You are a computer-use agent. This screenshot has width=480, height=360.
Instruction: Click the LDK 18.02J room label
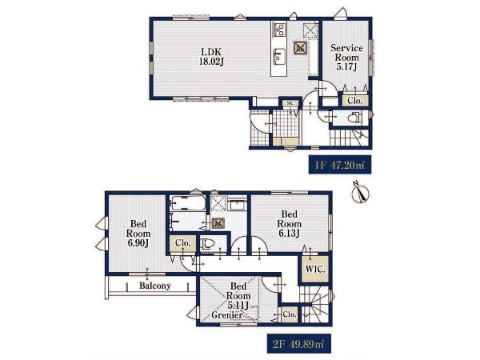click(211, 57)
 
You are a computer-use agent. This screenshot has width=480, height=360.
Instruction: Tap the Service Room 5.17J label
click(346, 58)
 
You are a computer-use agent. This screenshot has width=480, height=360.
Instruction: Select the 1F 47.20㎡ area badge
click(340, 166)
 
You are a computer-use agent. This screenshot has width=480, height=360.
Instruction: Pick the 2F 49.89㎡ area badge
click(298, 344)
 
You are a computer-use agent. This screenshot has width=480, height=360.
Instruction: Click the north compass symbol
click(360, 193)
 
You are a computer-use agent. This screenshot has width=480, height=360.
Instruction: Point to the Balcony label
click(155, 286)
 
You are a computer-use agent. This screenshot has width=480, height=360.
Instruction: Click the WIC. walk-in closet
click(315, 269)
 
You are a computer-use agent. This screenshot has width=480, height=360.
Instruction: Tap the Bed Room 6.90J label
click(138, 234)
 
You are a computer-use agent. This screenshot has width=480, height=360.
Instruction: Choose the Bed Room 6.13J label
click(289, 223)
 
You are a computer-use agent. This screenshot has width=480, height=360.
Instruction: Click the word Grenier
click(227, 314)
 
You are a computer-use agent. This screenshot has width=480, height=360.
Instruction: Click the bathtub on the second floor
click(188, 203)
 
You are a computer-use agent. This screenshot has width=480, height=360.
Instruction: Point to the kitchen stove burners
click(279, 30)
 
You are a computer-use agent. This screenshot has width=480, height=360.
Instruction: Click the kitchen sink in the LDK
click(279, 56)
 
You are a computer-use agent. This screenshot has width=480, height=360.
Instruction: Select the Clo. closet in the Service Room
click(354, 100)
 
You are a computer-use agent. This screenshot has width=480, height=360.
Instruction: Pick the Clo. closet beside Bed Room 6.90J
click(182, 244)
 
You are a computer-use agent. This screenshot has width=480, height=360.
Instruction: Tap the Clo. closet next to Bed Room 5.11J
click(290, 314)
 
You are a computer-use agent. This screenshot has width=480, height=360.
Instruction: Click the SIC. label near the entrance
click(290, 103)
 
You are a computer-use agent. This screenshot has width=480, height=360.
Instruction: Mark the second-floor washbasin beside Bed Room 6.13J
click(238, 204)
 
